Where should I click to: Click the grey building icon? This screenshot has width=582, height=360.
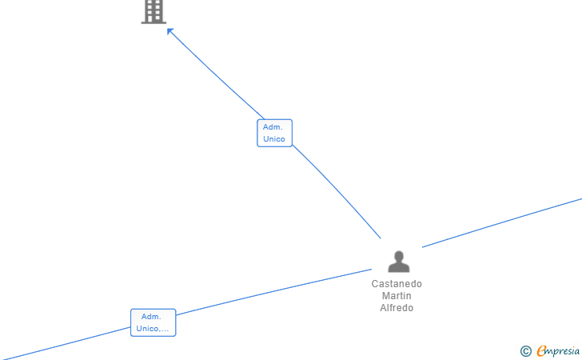(153, 11)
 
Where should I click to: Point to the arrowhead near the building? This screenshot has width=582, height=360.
(170, 31)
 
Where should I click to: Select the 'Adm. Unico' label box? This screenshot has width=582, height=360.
(274, 133)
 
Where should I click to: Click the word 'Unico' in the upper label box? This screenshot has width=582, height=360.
(274, 139)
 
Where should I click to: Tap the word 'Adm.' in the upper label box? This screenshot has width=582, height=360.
(273, 127)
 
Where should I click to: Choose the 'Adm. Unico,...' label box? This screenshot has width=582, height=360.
(153, 322)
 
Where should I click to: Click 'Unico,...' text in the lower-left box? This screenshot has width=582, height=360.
(153, 329)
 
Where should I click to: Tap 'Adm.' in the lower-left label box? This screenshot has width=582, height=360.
(151, 317)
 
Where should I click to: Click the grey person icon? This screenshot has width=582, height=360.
(398, 261)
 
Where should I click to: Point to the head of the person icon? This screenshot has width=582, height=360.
(398, 255)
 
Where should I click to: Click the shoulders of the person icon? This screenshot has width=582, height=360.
(398, 267)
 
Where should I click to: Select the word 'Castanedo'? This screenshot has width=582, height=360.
(397, 284)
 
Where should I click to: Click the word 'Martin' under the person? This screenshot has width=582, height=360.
(397, 296)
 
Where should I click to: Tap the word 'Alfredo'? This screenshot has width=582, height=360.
(397, 308)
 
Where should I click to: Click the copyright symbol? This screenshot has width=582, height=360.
(525, 350)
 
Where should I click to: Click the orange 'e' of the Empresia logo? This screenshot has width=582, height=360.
(541, 350)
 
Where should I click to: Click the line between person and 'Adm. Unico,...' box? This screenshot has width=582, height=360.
(272, 292)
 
